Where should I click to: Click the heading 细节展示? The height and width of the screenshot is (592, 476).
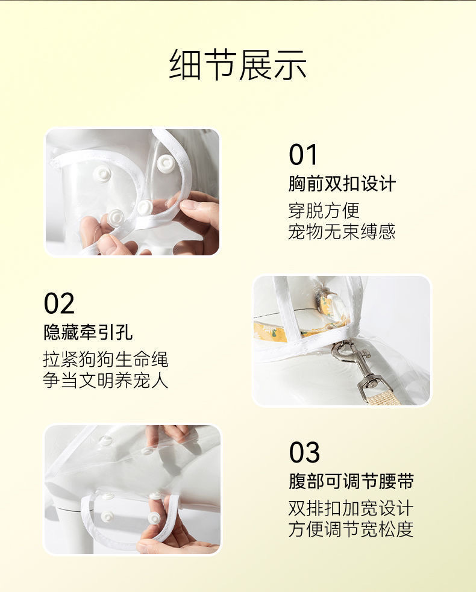pyautogui.click(x=238, y=64)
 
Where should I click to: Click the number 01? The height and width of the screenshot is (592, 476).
pyautogui.click(x=303, y=155)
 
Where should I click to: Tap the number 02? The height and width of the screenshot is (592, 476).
pyautogui.click(x=59, y=304)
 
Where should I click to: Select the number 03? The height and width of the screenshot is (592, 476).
pyautogui.click(x=304, y=452)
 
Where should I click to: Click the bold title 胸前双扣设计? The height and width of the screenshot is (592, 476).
pyautogui.click(x=342, y=184)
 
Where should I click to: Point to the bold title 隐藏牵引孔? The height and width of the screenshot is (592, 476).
pyautogui.click(x=88, y=332)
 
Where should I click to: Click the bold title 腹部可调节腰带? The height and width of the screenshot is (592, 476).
pyautogui.click(x=351, y=481)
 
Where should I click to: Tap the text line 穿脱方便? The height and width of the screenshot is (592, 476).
pyautogui.click(x=324, y=210)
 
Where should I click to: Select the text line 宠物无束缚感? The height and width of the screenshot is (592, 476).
pyautogui.click(x=342, y=231)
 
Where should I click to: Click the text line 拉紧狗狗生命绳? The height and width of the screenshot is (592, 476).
pyautogui.click(x=105, y=360)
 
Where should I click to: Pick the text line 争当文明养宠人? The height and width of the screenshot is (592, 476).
pyautogui.click(x=105, y=381)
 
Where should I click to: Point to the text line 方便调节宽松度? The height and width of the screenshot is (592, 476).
pyautogui.click(x=351, y=529)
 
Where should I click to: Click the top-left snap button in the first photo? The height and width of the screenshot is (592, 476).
pyautogui.click(x=102, y=174)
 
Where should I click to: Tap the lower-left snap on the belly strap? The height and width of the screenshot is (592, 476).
pyautogui.click(x=107, y=516)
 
